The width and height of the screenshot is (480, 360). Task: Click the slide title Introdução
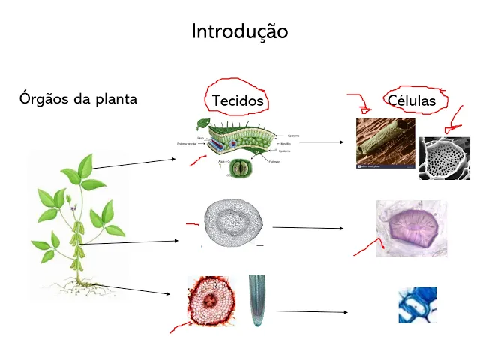(239, 31)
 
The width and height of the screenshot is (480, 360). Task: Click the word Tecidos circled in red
(237, 100)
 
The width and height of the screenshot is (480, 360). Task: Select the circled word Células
(412, 100)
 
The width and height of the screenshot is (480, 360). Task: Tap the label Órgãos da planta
(79, 98)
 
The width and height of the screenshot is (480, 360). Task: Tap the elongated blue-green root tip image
(256, 300)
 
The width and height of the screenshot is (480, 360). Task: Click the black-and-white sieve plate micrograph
(445, 158)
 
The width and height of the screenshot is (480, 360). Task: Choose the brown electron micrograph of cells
(384, 144)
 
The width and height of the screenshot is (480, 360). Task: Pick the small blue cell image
(417, 305)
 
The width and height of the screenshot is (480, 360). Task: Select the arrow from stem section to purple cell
(307, 227)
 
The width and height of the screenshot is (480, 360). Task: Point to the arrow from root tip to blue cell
(311, 310)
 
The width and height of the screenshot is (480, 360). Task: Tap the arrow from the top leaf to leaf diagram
(135, 163)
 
